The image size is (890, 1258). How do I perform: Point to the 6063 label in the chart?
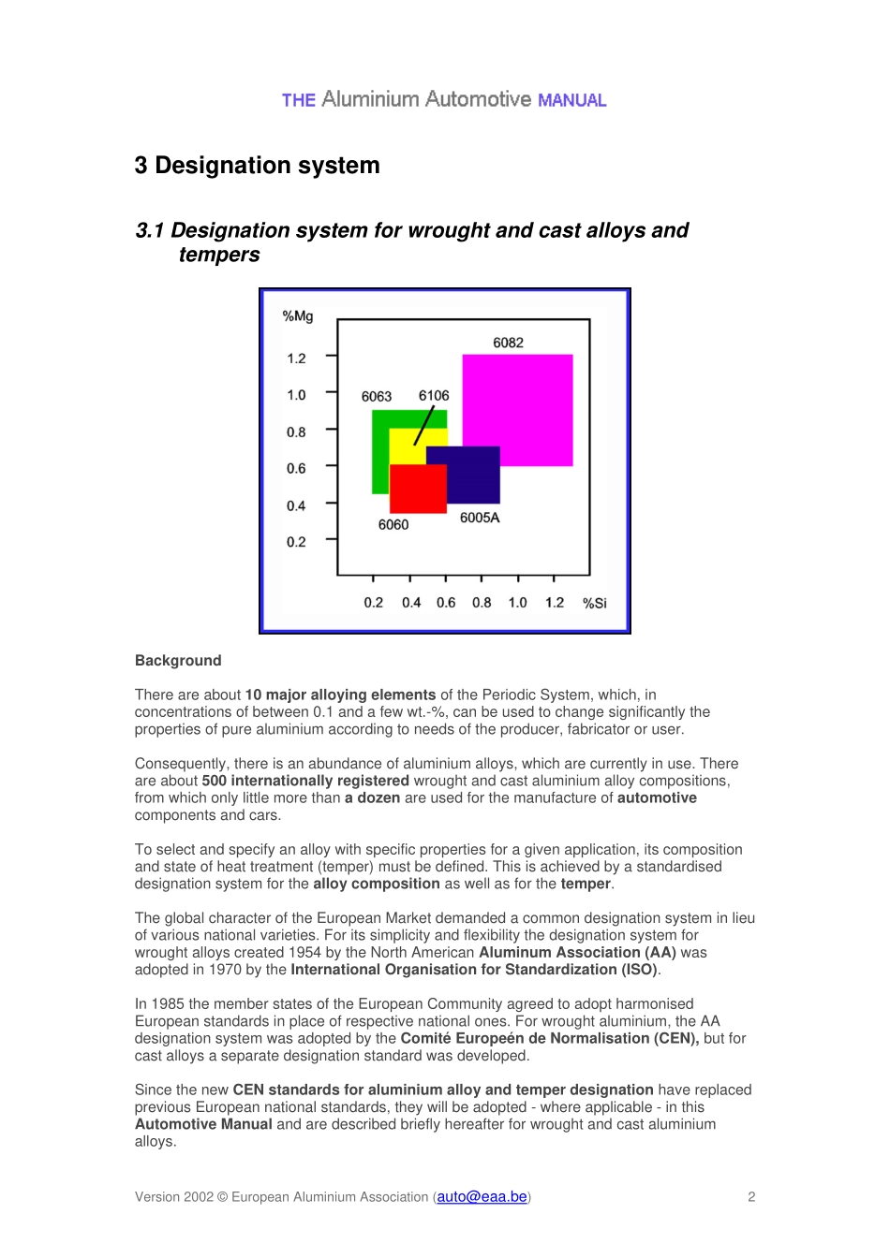point(377,397)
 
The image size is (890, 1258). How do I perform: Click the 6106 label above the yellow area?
point(434,395)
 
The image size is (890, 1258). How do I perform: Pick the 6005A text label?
point(480,518)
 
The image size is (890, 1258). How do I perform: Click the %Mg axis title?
point(298,316)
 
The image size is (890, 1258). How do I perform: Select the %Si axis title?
point(595,603)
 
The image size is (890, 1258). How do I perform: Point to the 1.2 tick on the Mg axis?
point(297,358)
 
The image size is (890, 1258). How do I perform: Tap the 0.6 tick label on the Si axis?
point(446,603)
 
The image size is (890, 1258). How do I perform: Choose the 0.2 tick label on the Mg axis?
point(297,542)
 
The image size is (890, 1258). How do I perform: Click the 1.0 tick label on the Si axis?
point(518,603)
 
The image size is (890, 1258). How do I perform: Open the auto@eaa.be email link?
point(482,1197)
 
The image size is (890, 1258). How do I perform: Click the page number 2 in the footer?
point(751,1197)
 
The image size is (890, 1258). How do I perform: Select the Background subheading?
point(178,661)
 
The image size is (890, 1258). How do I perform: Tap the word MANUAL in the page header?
point(572,100)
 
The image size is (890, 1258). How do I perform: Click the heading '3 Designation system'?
point(258,166)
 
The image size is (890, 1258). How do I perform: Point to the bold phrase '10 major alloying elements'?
point(340,695)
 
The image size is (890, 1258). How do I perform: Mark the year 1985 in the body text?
point(167,1004)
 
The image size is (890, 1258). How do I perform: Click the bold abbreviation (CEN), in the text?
point(674,1039)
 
